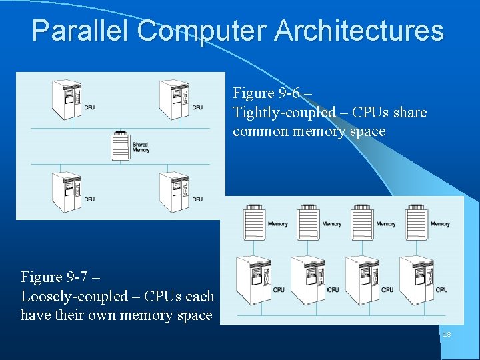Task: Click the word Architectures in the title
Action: [359, 31]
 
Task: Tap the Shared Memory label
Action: [141, 147]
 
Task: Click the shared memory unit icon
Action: [120, 145]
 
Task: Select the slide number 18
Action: [446, 334]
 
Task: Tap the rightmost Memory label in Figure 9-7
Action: [440, 224]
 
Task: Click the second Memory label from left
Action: [332, 224]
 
